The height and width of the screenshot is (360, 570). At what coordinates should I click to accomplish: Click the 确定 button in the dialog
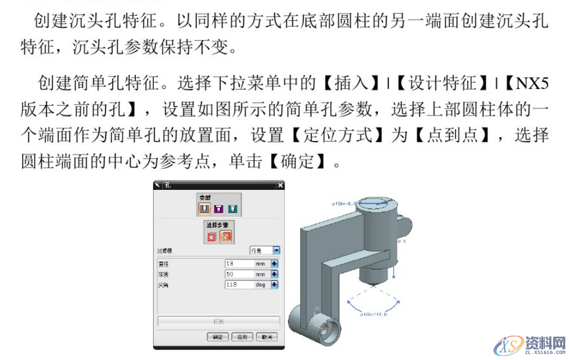point(217,337)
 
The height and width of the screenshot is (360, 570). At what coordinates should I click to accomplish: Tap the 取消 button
point(266,337)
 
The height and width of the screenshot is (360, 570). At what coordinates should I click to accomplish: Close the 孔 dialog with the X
point(280,185)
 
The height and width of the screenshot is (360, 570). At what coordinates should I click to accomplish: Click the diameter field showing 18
point(239,264)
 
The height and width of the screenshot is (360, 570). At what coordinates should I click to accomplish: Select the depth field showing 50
point(239,274)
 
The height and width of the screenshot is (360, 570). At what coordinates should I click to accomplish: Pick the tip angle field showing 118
point(239,285)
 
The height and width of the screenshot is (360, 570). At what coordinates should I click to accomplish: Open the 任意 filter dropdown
point(276,250)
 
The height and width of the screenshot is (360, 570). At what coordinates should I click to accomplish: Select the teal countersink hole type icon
point(232,208)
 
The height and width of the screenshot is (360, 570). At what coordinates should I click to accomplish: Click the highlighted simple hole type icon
point(205,208)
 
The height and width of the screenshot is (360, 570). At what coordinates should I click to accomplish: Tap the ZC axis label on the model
point(317,309)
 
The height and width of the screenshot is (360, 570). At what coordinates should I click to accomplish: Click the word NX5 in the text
point(532,83)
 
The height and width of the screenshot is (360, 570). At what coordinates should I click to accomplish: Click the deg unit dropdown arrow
point(275,285)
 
